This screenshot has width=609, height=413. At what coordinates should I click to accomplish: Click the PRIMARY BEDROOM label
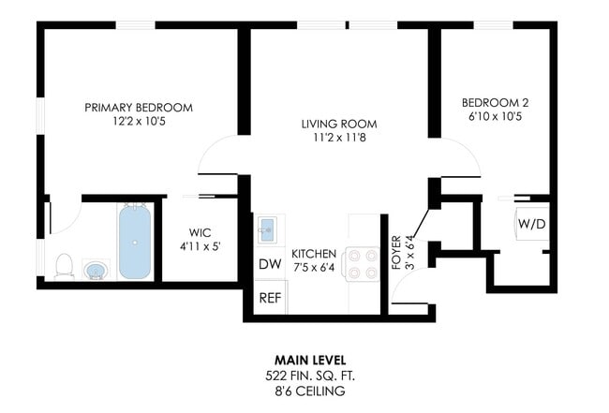tap(139, 108)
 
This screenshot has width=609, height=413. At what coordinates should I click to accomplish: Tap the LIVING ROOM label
tap(339, 124)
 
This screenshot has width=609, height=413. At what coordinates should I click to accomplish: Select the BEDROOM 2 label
tap(498, 102)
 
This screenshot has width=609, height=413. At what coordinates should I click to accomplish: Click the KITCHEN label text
tap(314, 254)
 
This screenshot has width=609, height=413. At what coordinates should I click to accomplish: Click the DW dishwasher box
tap(269, 264)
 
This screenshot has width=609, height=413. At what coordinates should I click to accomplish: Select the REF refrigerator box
tap(270, 298)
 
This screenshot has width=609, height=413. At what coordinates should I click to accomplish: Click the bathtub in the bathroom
tap(135, 242)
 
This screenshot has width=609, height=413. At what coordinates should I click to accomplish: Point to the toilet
tap(64, 266)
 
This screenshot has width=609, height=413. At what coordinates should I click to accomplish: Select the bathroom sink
tap(96, 271)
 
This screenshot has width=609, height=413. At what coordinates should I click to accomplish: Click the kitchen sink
tap(269, 229)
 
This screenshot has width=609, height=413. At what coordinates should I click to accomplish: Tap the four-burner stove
tap(361, 262)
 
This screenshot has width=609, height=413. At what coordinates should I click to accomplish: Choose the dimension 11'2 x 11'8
tap(339, 139)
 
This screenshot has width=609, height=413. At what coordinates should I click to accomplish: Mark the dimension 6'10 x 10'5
tap(498, 117)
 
